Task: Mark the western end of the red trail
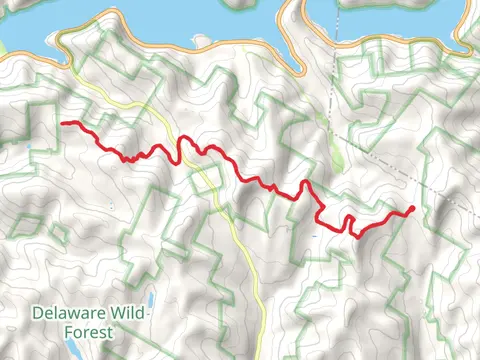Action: pos(63,123)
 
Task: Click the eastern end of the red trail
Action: pos(412,208)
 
